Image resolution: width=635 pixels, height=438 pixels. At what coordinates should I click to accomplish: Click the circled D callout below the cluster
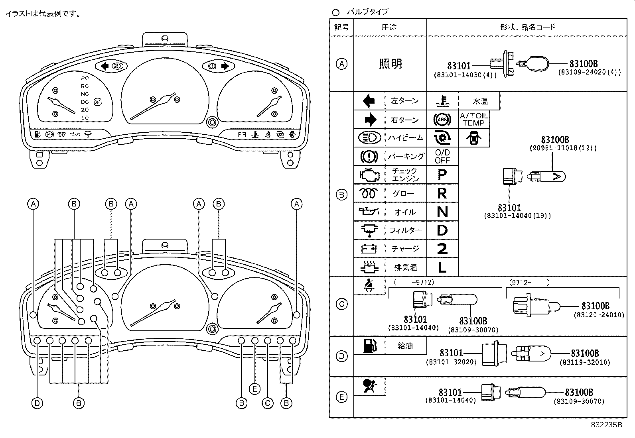pos(37,403)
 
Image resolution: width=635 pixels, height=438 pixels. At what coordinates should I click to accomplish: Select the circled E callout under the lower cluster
pos(254,389)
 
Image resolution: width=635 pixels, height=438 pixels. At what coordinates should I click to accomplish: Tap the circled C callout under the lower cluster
pos(268,403)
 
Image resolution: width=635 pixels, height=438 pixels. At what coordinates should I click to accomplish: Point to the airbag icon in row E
pos(369,386)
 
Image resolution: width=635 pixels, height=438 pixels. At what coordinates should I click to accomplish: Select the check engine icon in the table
pos(369,175)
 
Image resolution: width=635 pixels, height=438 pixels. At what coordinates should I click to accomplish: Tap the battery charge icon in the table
pos(369,249)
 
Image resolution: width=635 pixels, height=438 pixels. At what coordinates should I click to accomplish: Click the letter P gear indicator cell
pos(442,175)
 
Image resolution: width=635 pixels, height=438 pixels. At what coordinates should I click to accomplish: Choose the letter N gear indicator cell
pos(442,212)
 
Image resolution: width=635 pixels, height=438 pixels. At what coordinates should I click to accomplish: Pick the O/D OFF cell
pos(442,156)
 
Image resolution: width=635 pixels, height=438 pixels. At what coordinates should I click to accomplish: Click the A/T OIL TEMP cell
pos(474,119)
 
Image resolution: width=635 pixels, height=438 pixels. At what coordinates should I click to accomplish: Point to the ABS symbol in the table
pos(442,119)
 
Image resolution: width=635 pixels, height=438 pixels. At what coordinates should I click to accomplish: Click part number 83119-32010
pos(584,362)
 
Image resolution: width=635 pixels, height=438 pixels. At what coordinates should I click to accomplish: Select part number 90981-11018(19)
pos(563,148)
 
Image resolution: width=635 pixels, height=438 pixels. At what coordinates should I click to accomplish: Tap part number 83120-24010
pos(599,315)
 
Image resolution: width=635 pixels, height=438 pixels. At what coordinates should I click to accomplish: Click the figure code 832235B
pos(606,425)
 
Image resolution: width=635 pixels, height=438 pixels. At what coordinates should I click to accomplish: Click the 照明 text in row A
pos(390,64)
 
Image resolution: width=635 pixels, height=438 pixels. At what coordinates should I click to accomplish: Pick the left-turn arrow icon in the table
pos(369,101)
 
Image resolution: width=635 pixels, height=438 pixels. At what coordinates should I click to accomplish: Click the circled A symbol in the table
pos(342,64)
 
